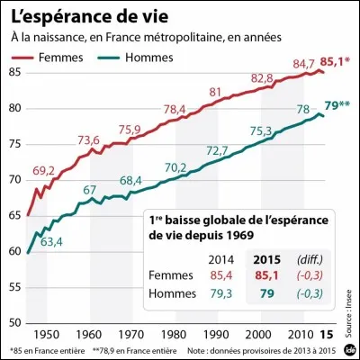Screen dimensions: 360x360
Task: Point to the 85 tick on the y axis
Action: (x=15, y=72)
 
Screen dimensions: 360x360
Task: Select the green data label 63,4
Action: (x=50, y=241)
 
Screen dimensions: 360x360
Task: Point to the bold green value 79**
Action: (x=337, y=106)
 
